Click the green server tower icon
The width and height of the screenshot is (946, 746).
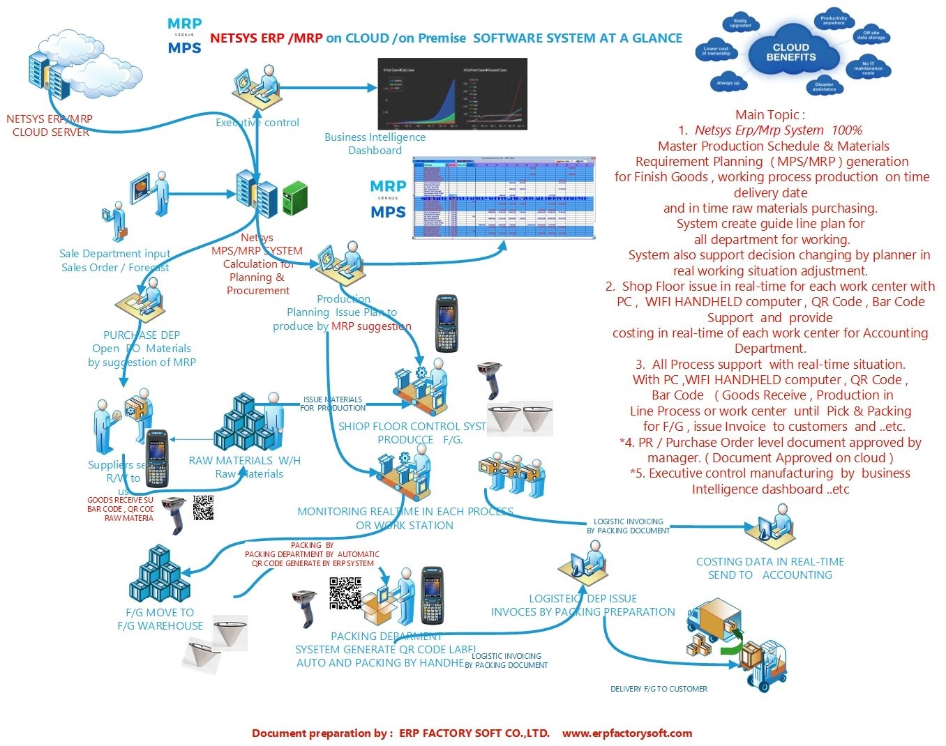coord(294,197)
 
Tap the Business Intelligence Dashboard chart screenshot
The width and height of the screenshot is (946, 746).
coord(452,94)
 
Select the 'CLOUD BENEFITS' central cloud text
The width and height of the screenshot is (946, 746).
coord(790,52)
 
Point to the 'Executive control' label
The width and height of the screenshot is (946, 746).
coord(257,123)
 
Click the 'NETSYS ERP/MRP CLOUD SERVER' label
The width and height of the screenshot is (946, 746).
coord(50,125)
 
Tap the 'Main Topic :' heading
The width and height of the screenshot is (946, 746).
coord(769,115)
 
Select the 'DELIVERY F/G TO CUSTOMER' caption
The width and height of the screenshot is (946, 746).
coord(659,689)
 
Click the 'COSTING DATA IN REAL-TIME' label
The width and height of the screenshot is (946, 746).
coord(769,562)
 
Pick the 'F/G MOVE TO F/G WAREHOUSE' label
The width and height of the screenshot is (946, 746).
coord(160,619)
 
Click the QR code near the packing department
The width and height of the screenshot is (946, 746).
coord(345,593)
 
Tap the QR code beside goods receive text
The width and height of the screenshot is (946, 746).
coord(203,508)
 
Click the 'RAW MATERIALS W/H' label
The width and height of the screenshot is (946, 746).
coord(244,461)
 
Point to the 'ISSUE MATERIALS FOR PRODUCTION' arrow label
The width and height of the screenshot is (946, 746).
coord(332,404)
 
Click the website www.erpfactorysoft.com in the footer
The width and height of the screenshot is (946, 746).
coord(626,733)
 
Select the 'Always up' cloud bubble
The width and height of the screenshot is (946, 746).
coord(728,83)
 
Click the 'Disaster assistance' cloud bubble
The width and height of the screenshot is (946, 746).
coord(824,86)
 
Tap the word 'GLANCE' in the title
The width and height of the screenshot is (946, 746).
coord(657,38)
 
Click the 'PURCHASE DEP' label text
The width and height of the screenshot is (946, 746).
coord(142,335)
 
